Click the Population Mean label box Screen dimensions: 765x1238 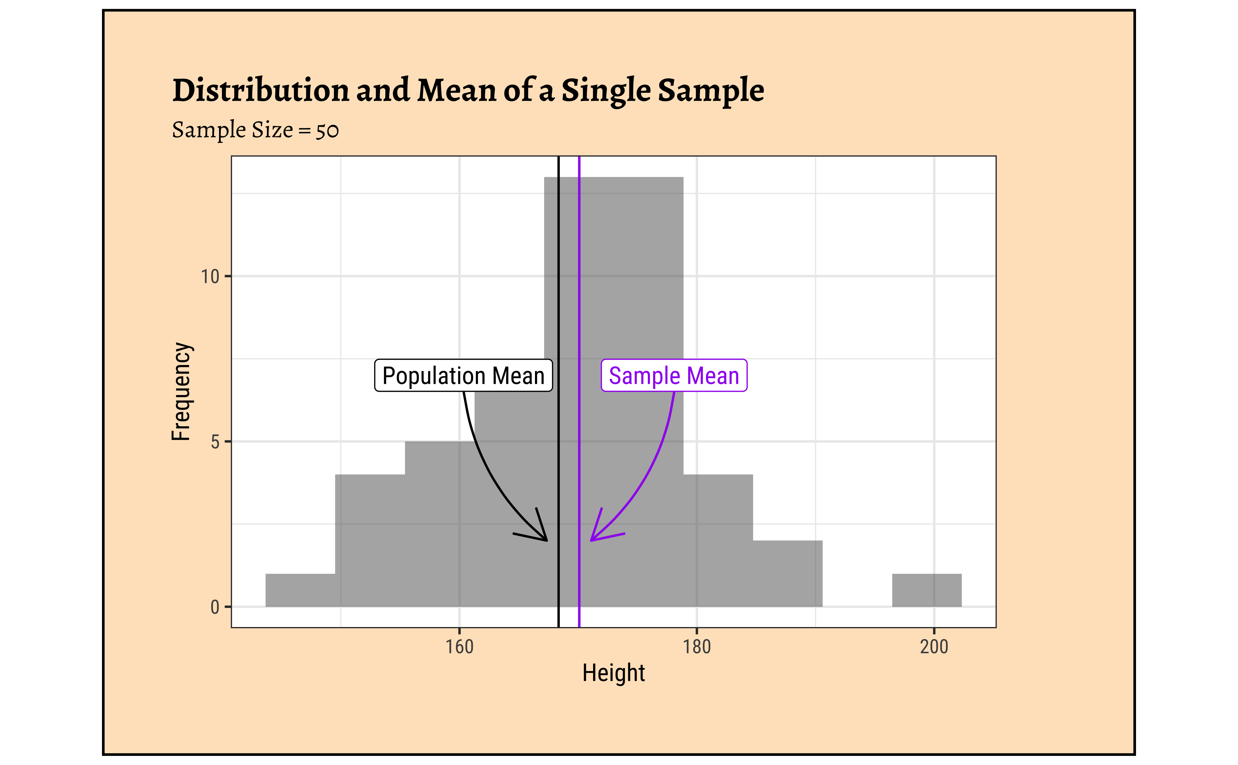pos(463,375)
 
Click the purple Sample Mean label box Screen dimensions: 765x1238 pos(674,375)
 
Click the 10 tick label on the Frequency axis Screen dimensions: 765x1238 pos(210,277)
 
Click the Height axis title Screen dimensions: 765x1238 pos(613,673)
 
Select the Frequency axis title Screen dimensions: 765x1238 pos(181,391)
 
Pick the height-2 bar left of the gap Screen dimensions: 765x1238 pos(787,573)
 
